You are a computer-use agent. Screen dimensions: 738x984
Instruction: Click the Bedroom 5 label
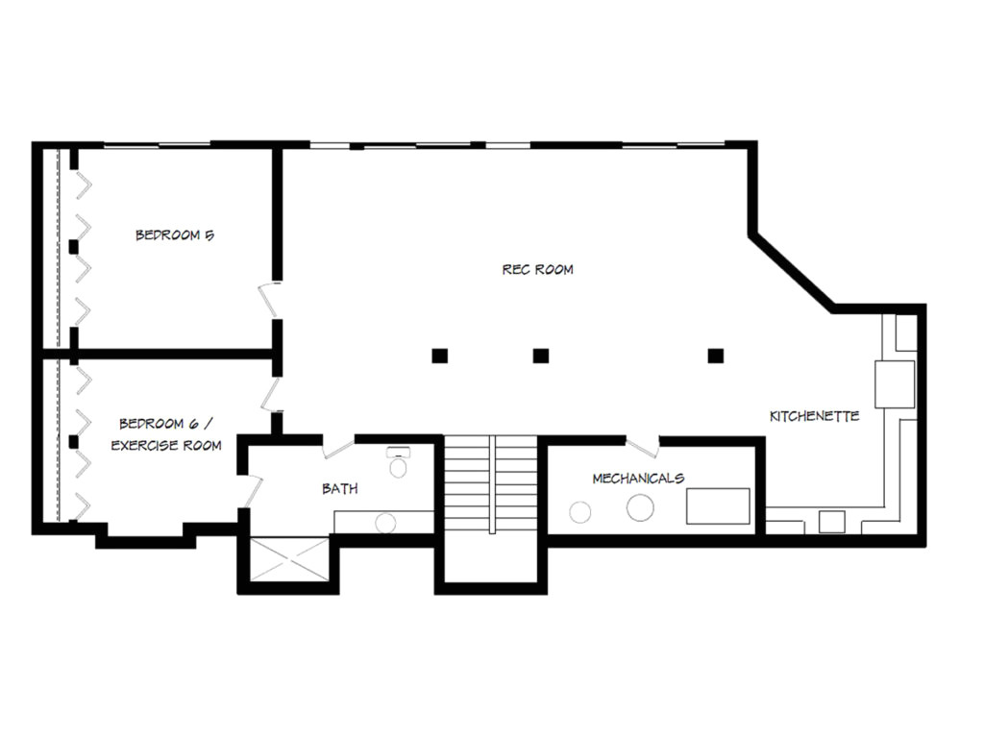click(x=174, y=234)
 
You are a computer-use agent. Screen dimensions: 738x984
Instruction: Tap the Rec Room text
click(x=537, y=269)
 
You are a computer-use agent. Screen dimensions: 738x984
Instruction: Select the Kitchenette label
click(x=814, y=416)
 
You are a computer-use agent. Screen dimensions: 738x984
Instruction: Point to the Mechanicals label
click(x=638, y=478)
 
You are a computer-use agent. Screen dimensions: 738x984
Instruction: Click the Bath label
click(x=340, y=488)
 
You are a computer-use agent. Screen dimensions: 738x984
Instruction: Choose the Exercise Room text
click(x=166, y=446)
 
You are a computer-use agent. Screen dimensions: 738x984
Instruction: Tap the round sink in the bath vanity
click(x=385, y=524)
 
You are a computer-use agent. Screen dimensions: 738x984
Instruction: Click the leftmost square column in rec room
click(x=439, y=356)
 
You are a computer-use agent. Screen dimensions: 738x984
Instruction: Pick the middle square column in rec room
click(x=541, y=356)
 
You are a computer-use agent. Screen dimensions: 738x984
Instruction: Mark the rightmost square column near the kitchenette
click(x=715, y=356)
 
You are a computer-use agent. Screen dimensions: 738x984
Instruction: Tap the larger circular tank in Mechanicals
click(x=640, y=506)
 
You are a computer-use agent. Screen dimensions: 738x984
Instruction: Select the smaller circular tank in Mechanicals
click(x=580, y=512)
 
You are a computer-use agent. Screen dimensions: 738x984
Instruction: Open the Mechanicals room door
click(x=642, y=445)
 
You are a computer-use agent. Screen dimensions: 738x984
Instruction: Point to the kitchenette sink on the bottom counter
click(x=831, y=522)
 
